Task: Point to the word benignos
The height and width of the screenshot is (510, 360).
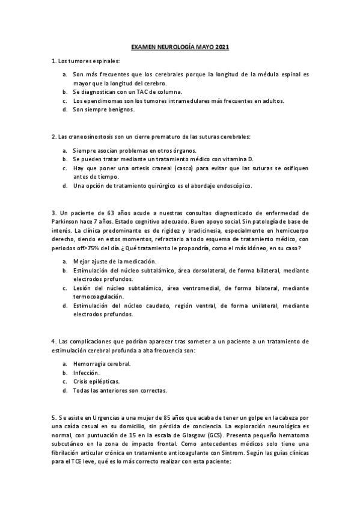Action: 121,110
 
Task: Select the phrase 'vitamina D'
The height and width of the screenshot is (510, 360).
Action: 256,159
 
